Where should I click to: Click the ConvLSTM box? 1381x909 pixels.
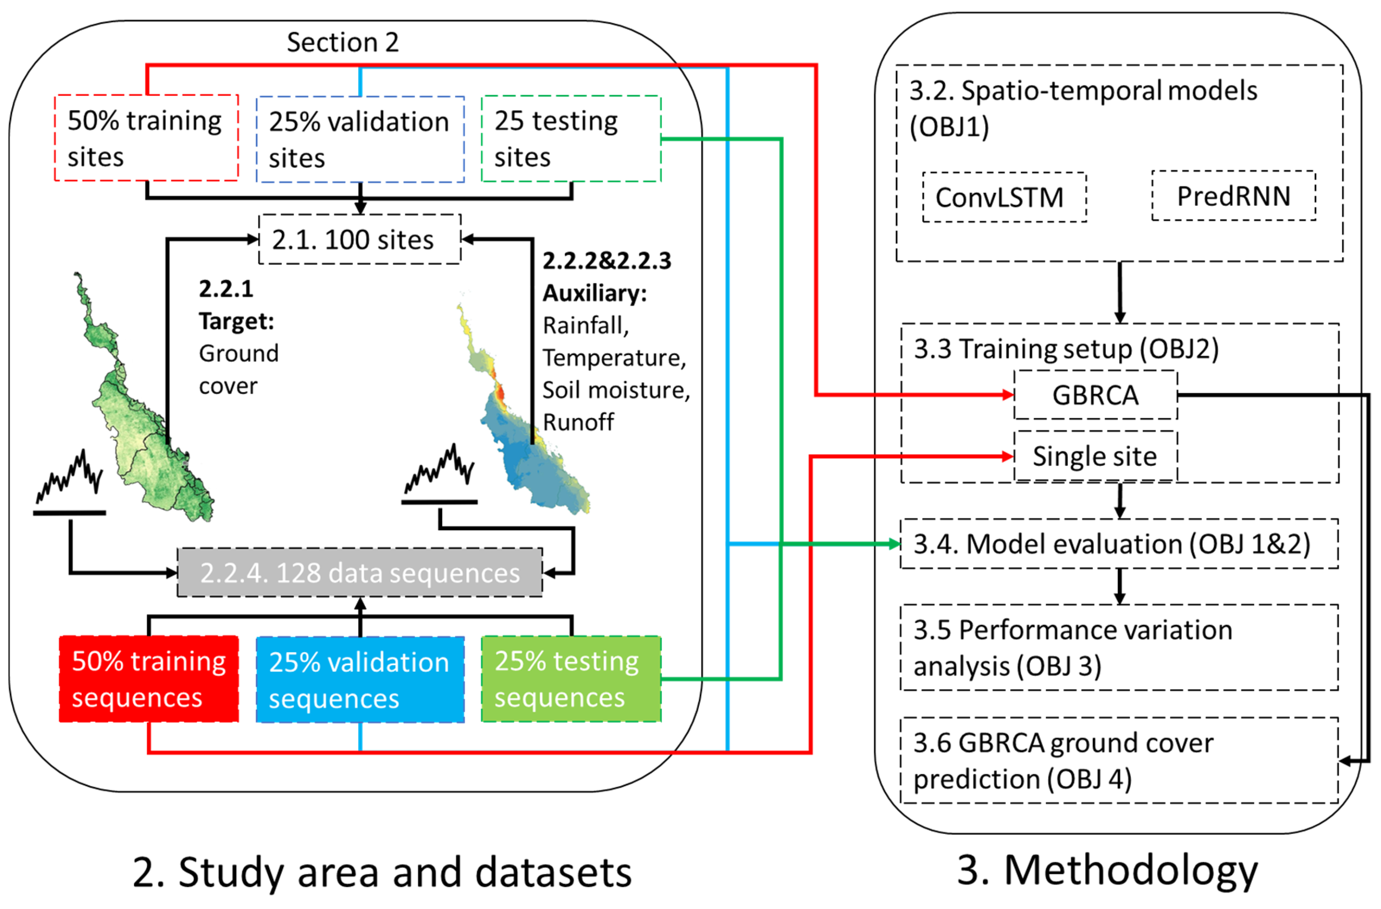pos(1004,197)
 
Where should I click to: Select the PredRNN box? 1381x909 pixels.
pos(1234,196)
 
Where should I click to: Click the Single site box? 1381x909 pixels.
pos(1095,456)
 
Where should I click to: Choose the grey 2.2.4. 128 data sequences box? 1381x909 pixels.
pos(360,573)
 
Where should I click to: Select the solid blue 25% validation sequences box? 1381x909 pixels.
pos(360,680)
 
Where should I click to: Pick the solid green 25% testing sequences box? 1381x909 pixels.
pos(571,679)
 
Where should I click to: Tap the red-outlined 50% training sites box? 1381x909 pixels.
pos(146,138)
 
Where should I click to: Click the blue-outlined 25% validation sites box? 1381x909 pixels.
pos(360,139)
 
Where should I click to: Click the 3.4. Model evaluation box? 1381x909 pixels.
pos(1119,544)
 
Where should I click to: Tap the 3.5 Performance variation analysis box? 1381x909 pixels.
pos(1119,648)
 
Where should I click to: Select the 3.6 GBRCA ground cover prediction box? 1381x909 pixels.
pos(1119,760)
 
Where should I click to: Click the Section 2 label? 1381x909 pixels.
pos(342,42)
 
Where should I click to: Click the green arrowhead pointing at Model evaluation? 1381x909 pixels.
pos(895,544)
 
